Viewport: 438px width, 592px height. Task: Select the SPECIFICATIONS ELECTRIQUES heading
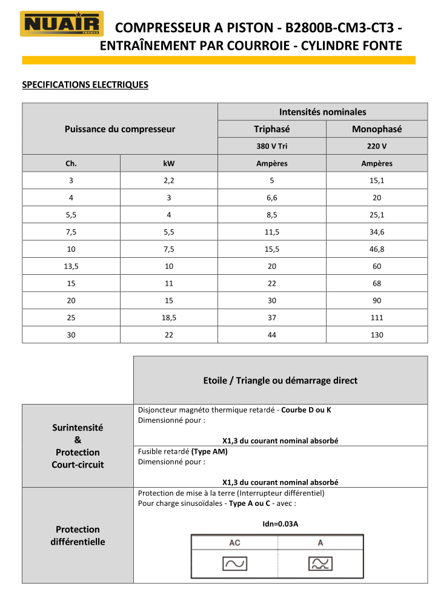(85, 84)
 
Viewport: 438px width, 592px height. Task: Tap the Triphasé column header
(271, 129)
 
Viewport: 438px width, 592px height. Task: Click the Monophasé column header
(377, 129)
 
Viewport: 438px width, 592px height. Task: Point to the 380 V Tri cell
(271, 146)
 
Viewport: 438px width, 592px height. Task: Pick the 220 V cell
(377, 146)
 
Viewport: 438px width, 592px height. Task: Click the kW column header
(169, 163)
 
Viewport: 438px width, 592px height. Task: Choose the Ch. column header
(71, 163)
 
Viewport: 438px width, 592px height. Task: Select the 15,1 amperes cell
(377, 181)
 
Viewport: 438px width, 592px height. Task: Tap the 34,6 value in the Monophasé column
(377, 232)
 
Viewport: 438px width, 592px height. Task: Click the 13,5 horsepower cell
(71, 266)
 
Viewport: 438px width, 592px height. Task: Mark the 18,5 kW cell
(169, 317)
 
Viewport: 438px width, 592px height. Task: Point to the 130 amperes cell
(377, 335)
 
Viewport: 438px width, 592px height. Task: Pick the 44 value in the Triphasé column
(271, 335)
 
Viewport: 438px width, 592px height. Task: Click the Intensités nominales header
(322, 112)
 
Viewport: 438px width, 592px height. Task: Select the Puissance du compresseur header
(120, 129)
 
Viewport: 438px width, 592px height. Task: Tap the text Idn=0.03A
(280, 524)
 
